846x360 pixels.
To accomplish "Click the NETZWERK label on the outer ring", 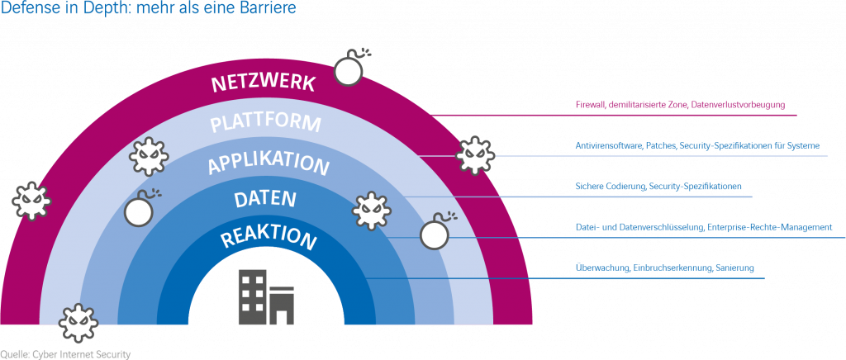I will coord(263,83).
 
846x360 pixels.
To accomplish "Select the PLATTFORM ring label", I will coord(265,124).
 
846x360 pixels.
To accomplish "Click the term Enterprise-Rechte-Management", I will coord(769,226).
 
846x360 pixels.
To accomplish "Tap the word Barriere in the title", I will coord(269,9).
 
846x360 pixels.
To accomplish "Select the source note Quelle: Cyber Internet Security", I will coord(65,353).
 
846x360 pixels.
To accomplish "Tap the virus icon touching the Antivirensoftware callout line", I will coord(474,154).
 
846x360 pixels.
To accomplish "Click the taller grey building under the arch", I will coord(253,296).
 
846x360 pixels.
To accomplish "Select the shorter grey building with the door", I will coord(282,303).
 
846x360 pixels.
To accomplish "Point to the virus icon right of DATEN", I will coord(371,211).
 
